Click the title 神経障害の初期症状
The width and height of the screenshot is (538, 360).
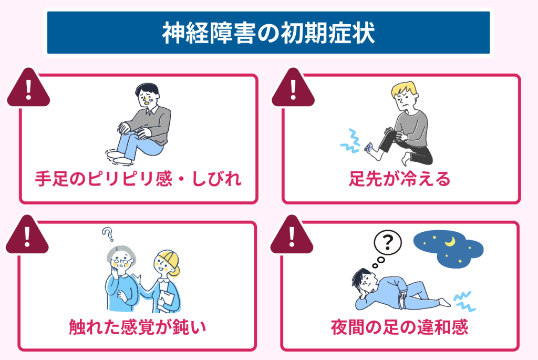coord(268,33)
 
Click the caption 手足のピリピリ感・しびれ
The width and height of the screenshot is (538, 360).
coord(138,179)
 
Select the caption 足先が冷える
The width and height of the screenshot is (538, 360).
coord(399,179)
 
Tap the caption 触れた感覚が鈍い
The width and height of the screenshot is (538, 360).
coord(137,326)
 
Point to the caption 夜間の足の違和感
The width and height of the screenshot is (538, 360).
coord(399,327)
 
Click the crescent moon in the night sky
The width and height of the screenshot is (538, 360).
coord(450,242)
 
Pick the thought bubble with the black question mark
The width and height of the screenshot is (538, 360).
coord(387,242)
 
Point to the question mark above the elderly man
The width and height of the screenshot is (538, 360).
coord(108,234)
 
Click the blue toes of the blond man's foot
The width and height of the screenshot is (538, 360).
coord(368,147)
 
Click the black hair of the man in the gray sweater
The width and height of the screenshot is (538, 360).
coord(148,88)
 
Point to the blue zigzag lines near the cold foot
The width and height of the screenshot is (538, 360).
coord(350,141)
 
